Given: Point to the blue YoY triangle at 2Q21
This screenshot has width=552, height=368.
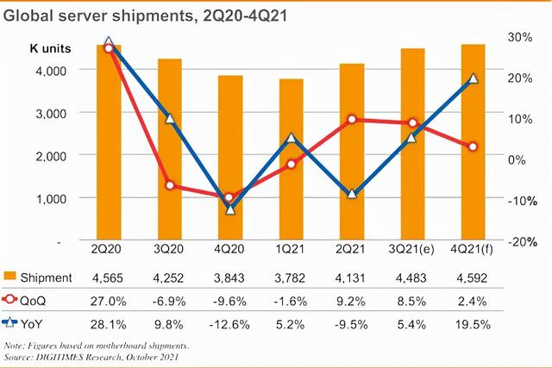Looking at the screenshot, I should [x=352, y=195].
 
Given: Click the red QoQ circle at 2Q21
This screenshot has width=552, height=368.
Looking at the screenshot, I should [x=352, y=120].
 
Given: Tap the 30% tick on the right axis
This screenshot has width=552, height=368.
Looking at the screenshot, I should [x=518, y=37].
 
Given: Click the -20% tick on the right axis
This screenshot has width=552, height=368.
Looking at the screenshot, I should [x=516, y=242].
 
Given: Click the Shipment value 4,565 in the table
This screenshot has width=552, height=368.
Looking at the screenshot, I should [x=109, y=277].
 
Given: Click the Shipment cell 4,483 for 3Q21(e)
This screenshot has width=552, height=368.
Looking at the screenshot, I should [x=412, y=277].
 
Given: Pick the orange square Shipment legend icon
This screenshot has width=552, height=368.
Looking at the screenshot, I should [x=10, y=277].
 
